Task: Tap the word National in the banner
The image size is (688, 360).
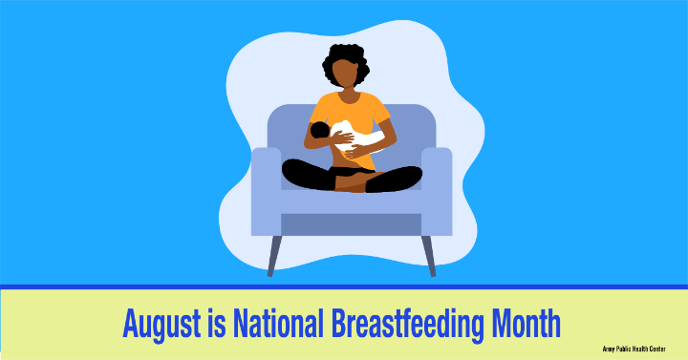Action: pos(278,323)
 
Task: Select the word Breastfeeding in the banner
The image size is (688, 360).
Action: pos(407,324)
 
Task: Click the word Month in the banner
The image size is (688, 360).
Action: pos(526,323)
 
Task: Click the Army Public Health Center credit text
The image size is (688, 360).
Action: pos(634,349)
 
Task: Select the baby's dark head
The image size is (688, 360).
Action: pos(320,130)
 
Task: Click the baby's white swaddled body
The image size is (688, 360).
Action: pos(356,135)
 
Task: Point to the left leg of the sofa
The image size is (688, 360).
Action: pos(274,256)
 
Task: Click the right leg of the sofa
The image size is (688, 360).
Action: pos(429,256)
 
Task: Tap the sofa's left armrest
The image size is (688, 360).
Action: pos(266,191)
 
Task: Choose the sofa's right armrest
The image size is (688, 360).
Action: pos(437,191)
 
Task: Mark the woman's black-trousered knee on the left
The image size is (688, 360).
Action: pos(294,174)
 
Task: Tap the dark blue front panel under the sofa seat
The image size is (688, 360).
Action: pos(351,224)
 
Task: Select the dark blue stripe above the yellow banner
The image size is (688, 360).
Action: pos(344,287)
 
